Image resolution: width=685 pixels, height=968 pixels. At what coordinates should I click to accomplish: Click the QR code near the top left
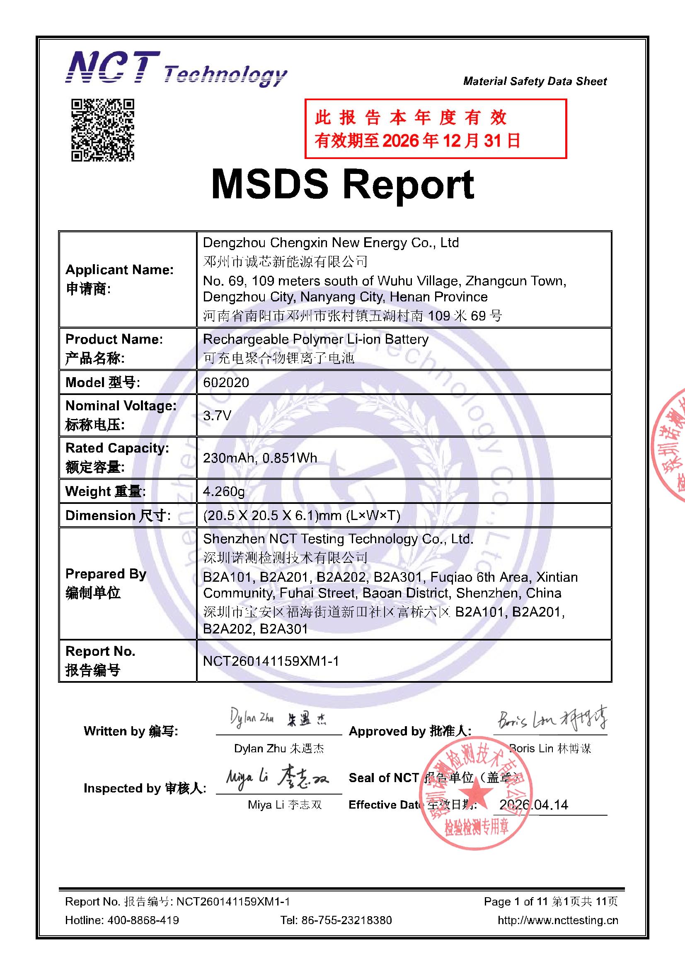(x=102, y=130)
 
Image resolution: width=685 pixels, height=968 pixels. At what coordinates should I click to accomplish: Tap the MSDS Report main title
(x=343, y=184)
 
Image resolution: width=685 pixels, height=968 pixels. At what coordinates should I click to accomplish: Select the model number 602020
(x=226, y=383)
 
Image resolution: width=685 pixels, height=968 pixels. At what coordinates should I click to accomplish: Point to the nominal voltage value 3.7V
(x=217, y=416)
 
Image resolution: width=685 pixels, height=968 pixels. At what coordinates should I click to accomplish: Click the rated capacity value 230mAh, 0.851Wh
(x=260, y=458)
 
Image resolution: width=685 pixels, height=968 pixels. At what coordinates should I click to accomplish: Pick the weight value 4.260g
(x=224, y=491)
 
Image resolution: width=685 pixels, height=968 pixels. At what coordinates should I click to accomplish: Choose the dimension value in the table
(x=302, y=515)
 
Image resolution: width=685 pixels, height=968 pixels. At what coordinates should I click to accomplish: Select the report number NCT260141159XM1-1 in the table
(x=271, y=661)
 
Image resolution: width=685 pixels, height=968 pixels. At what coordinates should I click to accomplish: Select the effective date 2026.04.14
(x=533, y=805)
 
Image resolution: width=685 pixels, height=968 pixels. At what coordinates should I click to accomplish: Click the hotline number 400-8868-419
(x=143, y=920)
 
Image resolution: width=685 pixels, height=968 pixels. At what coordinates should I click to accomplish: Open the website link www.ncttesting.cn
(x=558, y=920)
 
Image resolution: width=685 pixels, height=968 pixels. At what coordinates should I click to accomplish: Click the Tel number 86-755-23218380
(x=346, y=920)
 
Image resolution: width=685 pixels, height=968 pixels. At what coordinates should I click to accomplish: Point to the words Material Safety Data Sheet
(x=535, y=81)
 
